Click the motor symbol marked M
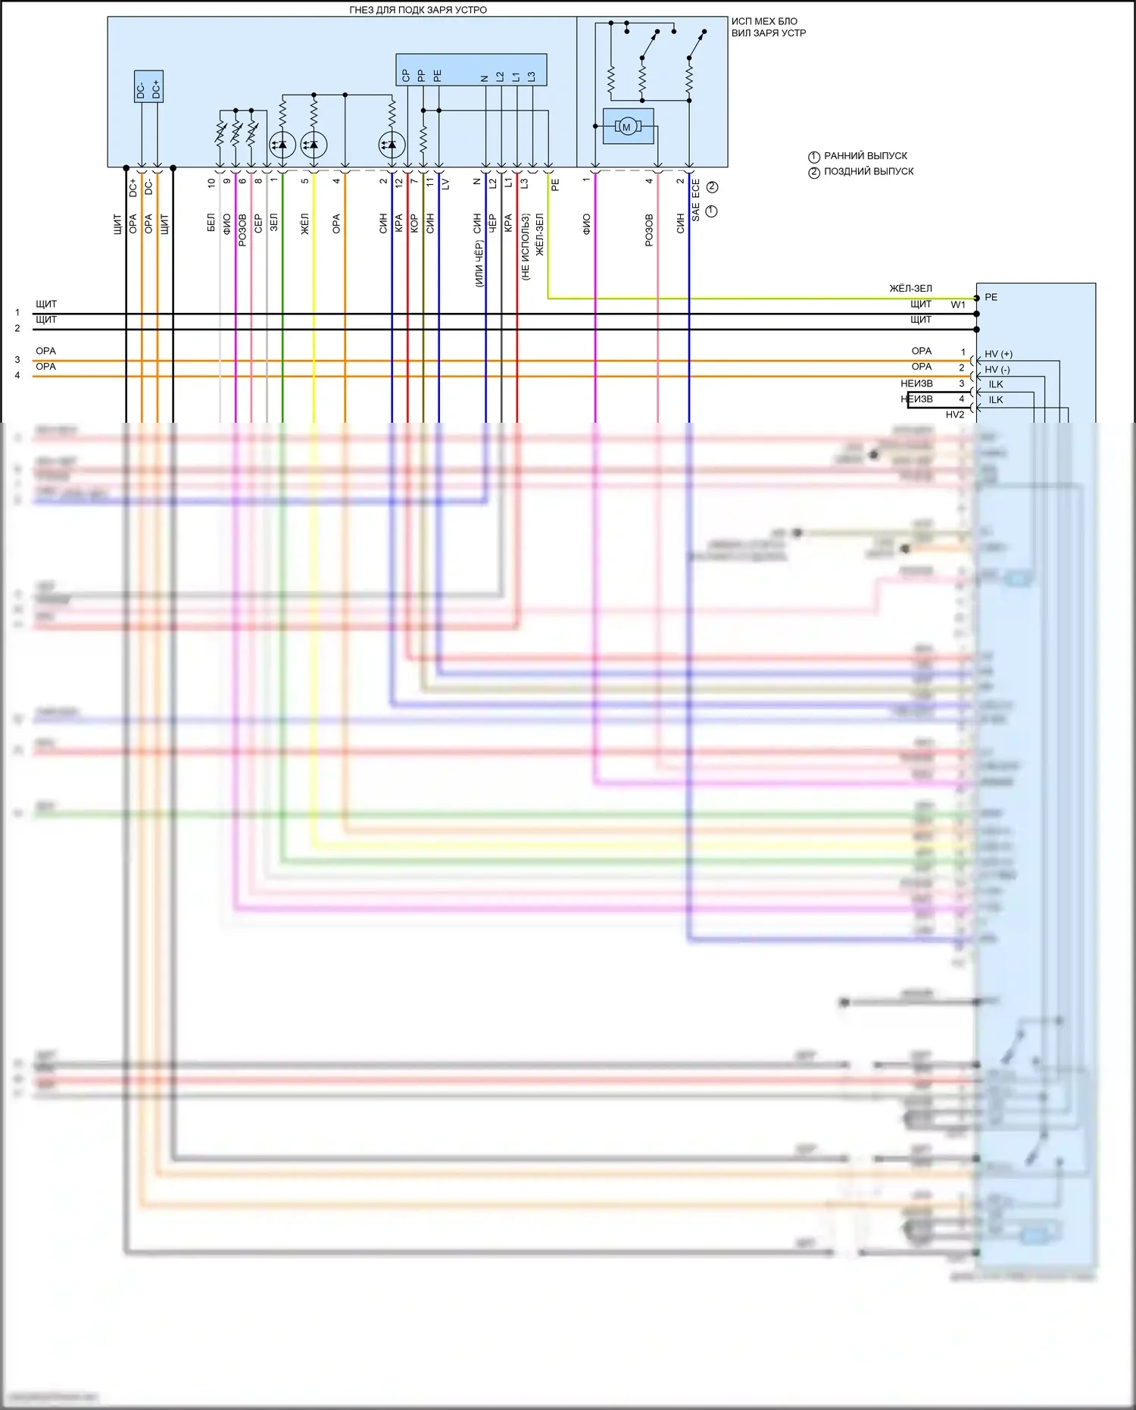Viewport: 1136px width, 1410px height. click(x=626, y=127)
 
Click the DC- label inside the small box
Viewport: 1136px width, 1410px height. click(x=141, y=91)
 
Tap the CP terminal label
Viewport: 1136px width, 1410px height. click(x=406, y=76)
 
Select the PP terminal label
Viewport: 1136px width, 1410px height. click(x=422, y=76)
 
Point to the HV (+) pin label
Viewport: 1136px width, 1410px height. click(x=998, y=354)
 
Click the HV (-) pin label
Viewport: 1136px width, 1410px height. click(x=997, y=370)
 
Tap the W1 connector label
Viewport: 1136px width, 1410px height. click(x=958, y=305)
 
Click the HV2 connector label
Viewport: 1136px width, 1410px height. click(x=955, y=414)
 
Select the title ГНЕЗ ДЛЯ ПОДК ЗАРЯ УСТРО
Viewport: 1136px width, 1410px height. click(x=418, y=10)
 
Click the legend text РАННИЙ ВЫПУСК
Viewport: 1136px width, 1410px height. click(x=865, y=156)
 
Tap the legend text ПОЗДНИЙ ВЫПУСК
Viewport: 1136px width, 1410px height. click(x=868, y=172)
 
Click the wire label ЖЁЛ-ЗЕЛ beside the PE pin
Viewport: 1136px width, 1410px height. click(x=910, y=289)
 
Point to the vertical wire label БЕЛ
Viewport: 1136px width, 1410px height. click(x=211, y=222)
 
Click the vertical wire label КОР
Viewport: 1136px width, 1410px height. click(x=414, y=223)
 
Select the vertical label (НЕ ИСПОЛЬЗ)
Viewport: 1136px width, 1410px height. click(x=525, y=247)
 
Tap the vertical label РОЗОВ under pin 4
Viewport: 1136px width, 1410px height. click(x=649, y=230)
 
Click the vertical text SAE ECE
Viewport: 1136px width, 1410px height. click(x=696, y=200)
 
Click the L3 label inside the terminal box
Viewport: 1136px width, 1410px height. click(x=532, y=77)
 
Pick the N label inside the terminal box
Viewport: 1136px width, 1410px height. click(x=485, y=78)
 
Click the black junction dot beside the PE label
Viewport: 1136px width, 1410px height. click(x=977, y=298)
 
